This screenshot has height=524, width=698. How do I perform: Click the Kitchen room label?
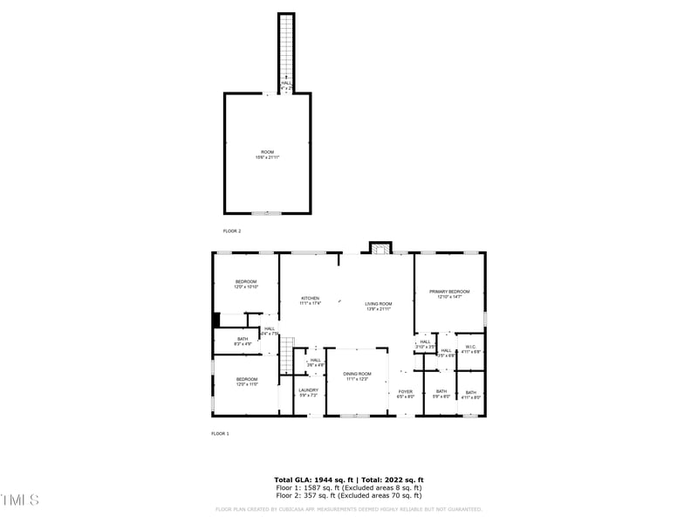(x=311, y=300)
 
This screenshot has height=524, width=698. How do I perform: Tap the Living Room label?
(x=378, y=306)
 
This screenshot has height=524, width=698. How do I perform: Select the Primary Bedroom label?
(x=449, y=293)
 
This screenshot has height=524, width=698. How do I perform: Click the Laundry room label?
(x=308, y=392)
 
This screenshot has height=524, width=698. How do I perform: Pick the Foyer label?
(x=406, y=394)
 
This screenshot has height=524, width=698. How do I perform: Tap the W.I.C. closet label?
(x=470, y=348)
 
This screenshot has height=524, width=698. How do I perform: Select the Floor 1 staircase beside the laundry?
(x=287, y=354)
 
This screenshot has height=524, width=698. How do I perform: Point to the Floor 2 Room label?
(x=267, y=155)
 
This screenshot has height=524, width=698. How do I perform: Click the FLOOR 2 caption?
(x=232, y=231)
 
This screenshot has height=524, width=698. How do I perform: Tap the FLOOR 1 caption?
(x=220, y=433)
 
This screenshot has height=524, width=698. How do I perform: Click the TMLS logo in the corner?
(x=20, y=500)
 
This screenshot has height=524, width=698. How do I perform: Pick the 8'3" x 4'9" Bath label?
(x=243, y=341)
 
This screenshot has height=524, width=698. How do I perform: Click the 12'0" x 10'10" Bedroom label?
(x=245, y=284)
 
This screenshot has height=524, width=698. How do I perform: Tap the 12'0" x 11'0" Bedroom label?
(x=245, y=382)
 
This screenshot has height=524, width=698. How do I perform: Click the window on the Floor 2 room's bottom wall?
(x=267, y=213)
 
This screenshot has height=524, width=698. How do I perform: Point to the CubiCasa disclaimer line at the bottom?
(x=349, y=509)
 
